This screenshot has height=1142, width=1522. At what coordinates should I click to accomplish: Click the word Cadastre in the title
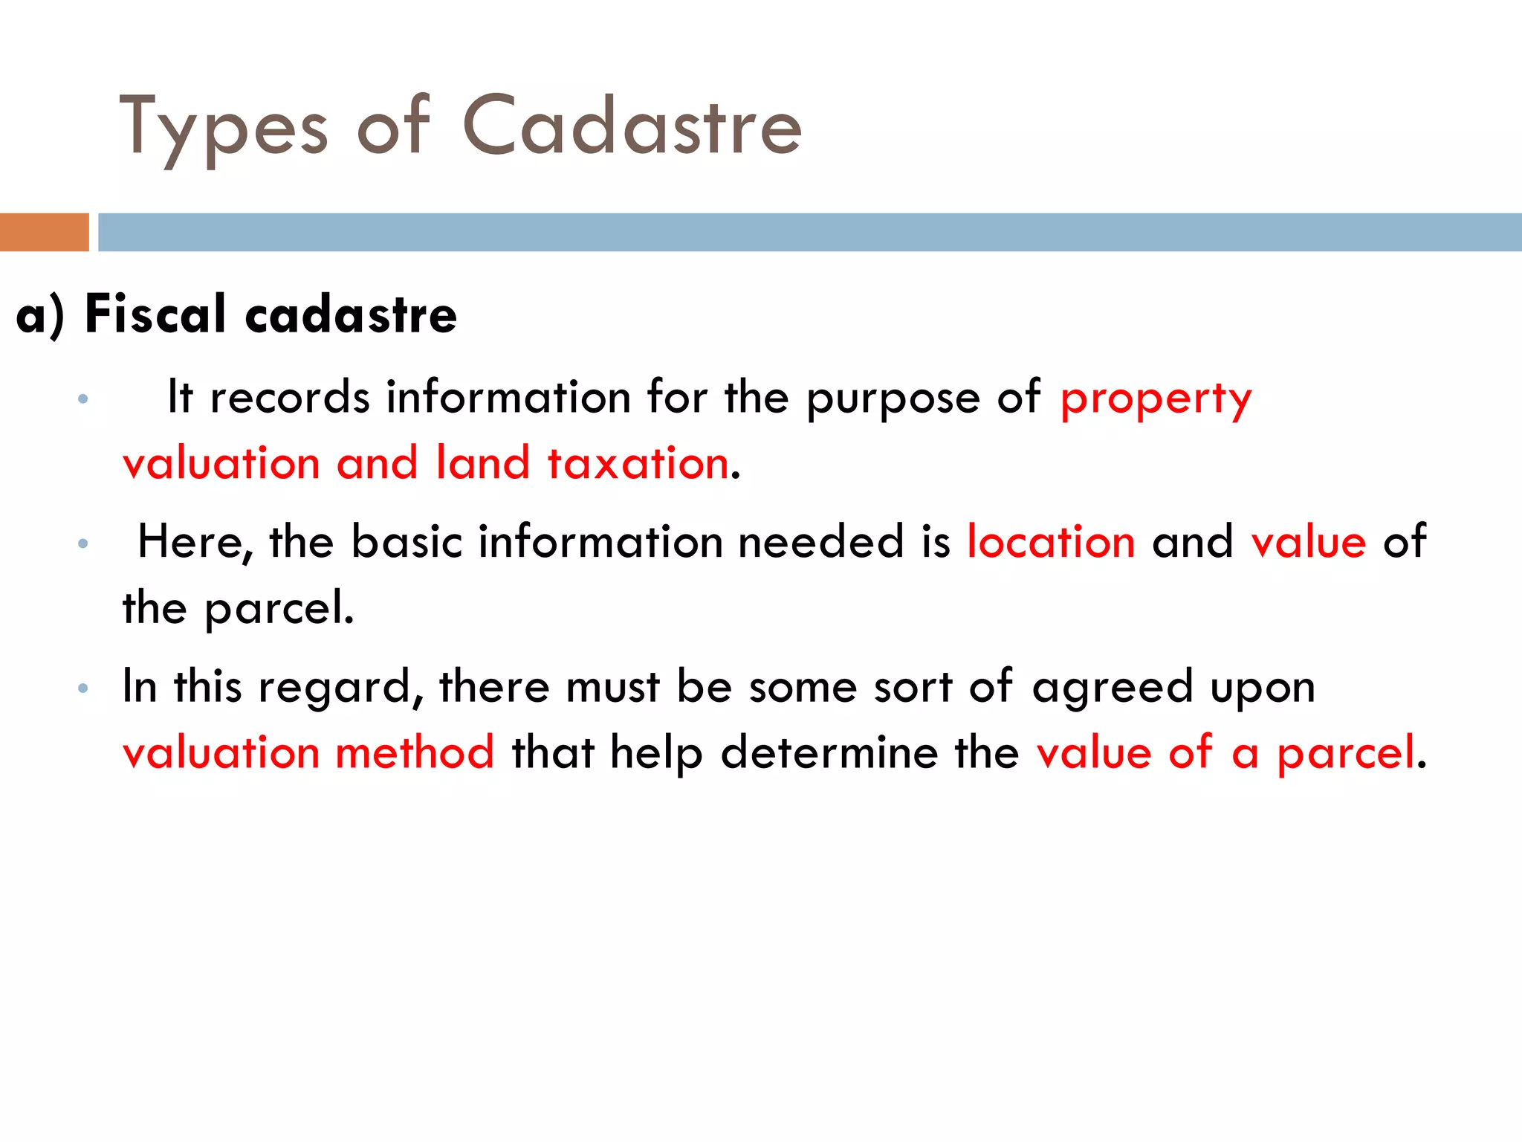click(632, 126)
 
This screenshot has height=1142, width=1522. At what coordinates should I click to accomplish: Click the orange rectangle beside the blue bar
click(45, 232)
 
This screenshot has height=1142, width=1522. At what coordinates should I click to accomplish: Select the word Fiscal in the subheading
click(155, 314)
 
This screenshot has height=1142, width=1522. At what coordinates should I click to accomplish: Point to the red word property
click(1156, 399)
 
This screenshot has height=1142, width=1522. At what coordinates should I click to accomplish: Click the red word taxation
click(638, 463)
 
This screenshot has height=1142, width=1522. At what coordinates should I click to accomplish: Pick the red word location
click(1051, 541)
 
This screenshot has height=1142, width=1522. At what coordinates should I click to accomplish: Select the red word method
click(415, 752)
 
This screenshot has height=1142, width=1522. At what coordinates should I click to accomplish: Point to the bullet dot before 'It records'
click(83, 399)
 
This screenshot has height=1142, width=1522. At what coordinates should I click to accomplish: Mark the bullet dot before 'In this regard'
click(83, 688)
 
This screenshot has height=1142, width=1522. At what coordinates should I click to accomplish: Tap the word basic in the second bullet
click(407, 541)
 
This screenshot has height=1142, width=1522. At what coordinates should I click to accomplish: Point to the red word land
click(482, 463)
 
